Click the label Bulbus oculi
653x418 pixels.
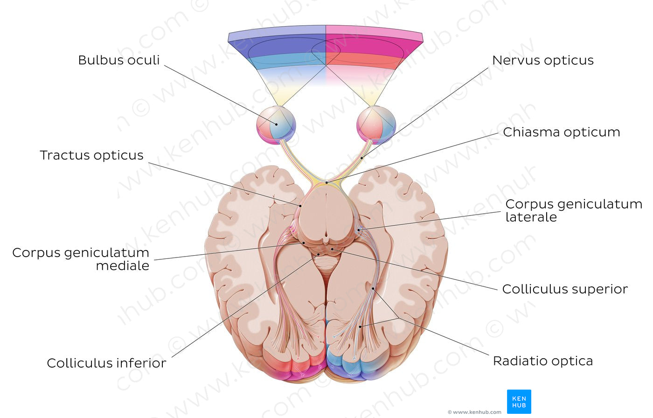point(118,60)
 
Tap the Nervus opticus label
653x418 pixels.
point(543,60)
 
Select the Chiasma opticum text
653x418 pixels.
point(561,132)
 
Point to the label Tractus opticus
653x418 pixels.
point(91,155)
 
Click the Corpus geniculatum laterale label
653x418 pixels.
point(573,210)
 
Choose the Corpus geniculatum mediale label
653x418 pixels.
point(81,259)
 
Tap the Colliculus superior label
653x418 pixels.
point(565,289)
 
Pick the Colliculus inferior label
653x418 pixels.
point(106,363)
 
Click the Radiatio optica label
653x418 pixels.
point(543,361)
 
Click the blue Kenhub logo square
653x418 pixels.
point(519,402)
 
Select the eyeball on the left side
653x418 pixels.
point(276,125)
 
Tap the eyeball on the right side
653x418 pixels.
point(376,125)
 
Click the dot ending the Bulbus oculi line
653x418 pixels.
point(277,124)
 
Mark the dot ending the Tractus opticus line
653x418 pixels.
point(300,206)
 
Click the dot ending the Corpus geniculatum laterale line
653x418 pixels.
point(359,230)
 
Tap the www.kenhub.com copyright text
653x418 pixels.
point(474,412)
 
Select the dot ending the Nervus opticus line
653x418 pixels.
point(362,158)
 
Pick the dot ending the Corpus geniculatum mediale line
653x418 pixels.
point(304,243)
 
